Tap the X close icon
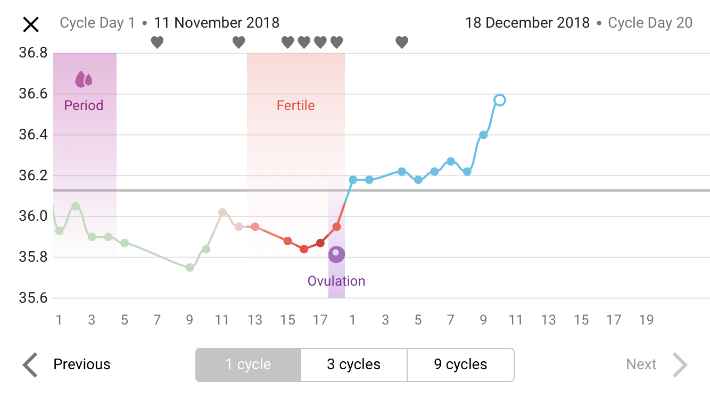tap(31, 24)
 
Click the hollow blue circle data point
tap(499, 100)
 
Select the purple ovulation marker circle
tap(336, 254)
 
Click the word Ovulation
tap(336, 281)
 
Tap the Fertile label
tap(295, 105)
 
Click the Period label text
tap(84, 105)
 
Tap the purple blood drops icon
tap(84, 79)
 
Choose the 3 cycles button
tap(354, 365)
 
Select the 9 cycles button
tap(460, 365)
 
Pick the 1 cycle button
tap(248, 365)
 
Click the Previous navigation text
tap(82, 364)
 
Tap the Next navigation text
tap(641, 364)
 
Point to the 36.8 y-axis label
tap(33, 53)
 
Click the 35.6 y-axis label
tap(33, 298)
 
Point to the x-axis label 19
tap(646, 320)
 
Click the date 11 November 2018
tap(217, 23)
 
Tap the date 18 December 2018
tap(527, 23)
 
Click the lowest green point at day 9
tap(189, 267)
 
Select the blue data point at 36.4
tap(483, 135)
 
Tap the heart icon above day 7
tap(157, 42)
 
